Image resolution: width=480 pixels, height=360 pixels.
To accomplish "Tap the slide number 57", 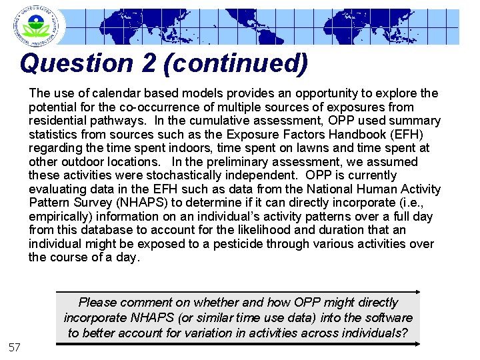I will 15,347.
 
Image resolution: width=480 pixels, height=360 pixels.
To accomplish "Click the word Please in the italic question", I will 98,303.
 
